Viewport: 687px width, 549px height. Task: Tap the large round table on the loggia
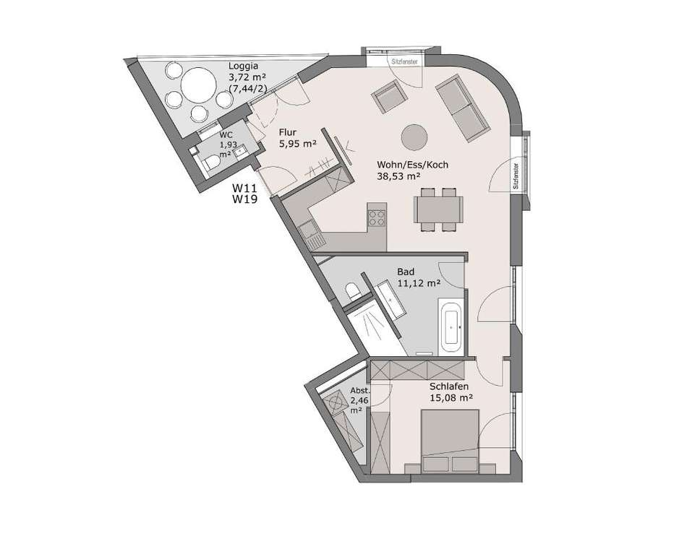pos(199,84)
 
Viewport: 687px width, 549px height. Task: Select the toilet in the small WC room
pos(211,163)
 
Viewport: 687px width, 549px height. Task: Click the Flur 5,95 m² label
pos(297,138)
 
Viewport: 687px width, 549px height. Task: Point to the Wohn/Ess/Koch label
pos(412,165)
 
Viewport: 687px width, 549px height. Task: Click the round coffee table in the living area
pos(414,137)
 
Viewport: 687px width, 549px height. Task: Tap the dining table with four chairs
pos(438,209)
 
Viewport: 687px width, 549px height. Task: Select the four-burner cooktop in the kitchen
pos(376,218)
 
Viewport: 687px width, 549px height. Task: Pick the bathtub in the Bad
pos(451,327)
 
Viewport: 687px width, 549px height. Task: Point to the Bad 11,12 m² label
pos(419,277)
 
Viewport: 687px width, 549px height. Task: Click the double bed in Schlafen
pos(450,441)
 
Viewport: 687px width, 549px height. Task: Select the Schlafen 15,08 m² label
pos(451,392)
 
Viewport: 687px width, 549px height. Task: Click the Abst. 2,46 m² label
pos(360,401)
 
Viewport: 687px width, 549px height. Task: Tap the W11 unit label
pos(244,189)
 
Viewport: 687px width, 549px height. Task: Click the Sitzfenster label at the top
pos(404,61)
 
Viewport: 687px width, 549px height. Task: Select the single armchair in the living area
pos(388,98)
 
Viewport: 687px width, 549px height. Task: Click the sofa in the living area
pos(462,108)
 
